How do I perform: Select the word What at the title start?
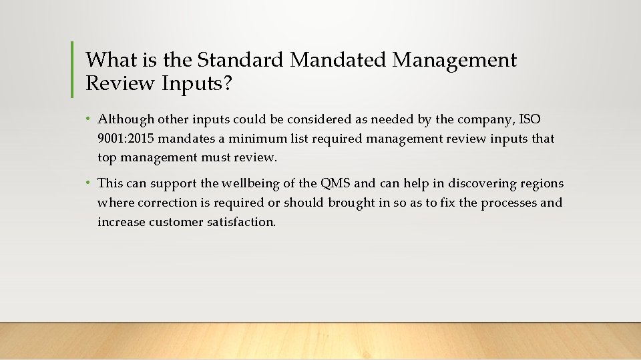112,60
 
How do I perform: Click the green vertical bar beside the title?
72,69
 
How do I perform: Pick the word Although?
126,119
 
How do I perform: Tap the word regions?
541,183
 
